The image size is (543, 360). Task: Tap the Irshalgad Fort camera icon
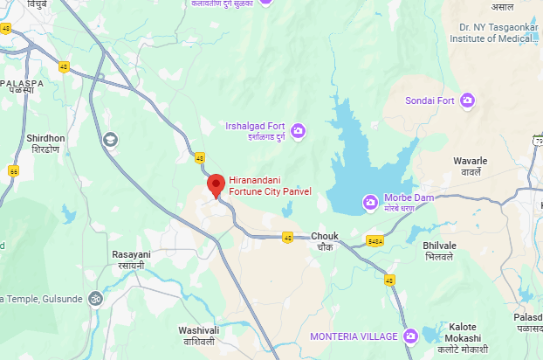coord(299,131)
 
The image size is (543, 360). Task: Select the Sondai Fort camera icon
coord(468,100)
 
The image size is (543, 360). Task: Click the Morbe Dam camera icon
coord(371,204)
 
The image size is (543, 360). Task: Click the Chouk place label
coord(324,241)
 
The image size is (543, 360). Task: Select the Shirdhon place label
coord(45,143)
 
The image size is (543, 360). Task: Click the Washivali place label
coord(198,335)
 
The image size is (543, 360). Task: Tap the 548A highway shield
coord(375,241)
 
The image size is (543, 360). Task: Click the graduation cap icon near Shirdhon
coord(110,139)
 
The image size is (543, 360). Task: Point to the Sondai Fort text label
coord(430,100)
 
